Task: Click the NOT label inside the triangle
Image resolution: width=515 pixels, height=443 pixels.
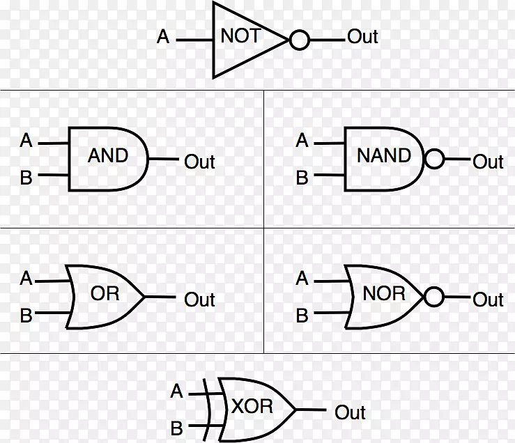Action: (x=240, y=36)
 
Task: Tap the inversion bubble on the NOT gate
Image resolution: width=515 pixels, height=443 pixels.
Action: (x=299, y=40)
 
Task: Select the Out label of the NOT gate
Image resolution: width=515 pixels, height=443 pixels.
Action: (x=362, y=36)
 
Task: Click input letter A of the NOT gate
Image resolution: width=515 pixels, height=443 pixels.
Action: (x=163, y=36)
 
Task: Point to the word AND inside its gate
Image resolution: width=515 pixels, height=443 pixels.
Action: (x=108, y=155)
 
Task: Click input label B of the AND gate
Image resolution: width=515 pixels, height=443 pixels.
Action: (x=26, y=178)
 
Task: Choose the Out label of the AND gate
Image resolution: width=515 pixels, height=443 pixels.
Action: (x=199, y=162)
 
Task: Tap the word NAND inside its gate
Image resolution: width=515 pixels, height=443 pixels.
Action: (x=384, y=155)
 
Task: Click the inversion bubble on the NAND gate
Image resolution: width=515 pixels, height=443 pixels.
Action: (x=434, y=159)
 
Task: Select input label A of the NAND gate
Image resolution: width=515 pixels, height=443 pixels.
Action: (x=302, y=140)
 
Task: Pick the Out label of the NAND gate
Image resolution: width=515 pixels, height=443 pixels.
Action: (x=488, y=162)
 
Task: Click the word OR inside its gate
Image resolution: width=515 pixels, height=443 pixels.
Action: (x=105, y=293)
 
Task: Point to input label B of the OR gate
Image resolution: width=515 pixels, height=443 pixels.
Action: (x=26, y=316)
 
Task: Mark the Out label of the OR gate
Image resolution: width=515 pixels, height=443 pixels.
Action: (x=199, y=300)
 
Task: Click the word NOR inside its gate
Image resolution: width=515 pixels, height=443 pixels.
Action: (x=384, y=293)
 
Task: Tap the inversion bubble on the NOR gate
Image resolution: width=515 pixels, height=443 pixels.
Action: (x=434, y=297)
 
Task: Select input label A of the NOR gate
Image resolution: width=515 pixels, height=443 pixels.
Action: (x=302, y=278)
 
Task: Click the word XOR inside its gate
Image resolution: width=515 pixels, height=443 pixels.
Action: (x=252, y=406)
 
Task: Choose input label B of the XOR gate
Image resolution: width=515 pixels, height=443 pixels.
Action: (x=177, y=428)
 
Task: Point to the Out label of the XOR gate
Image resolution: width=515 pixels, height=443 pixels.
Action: (x=350, y=412)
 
